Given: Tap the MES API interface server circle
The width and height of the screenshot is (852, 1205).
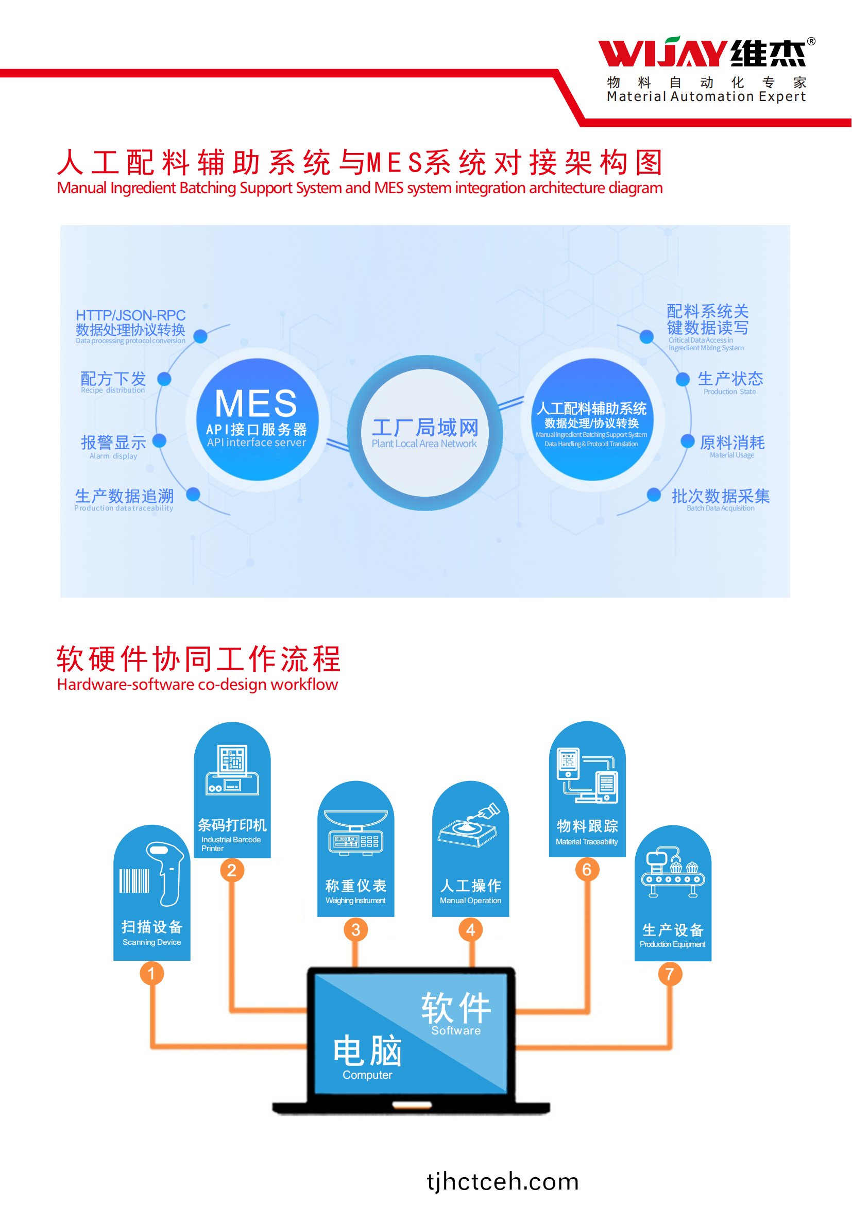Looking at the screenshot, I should pyautogui.click(x=257, y=419).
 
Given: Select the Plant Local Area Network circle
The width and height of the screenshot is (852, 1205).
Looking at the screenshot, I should pyautogui.click(x=425, y=432).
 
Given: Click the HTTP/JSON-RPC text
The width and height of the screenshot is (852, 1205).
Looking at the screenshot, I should pyautogui.click(x=131, y=315).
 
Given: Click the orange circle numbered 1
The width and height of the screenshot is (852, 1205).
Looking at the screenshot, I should pyautogui.click(x=151, y=974).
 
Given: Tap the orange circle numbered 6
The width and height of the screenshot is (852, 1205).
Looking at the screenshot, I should pyautogui.click(x=587, y=870).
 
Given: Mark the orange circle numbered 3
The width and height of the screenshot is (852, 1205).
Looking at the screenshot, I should pyautogui.click(x=356, y=929).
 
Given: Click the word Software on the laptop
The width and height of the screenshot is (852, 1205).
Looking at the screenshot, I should pyautogui.click(x=456, y=1031).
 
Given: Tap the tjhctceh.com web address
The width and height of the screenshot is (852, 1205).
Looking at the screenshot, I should pyautogui.click(x=503, y=1181).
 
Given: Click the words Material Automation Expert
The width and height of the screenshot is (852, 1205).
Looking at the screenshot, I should pyautogui.click(x=706, y=96).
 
